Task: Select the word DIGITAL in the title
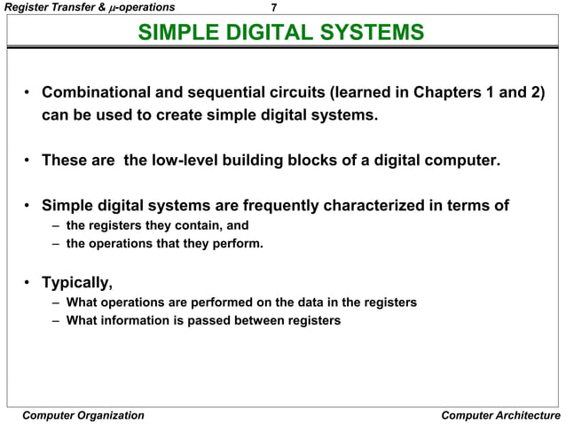[271, 35]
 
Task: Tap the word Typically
[78, 284]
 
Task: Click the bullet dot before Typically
[28, 284]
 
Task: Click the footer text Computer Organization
[82, 415]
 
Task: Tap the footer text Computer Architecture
[500, 415]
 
